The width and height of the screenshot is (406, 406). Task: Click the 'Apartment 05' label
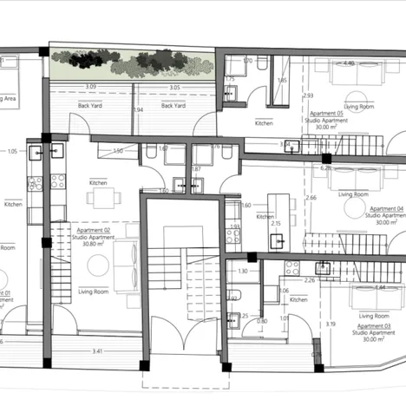click(328, 114)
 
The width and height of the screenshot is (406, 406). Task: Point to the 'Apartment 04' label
click(387, 209)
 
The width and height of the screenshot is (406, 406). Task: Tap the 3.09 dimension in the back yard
click(90, 88)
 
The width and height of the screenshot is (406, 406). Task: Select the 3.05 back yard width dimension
click(174, 88)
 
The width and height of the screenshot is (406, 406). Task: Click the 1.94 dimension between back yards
click(138, 110)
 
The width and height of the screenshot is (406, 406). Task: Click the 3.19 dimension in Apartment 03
click(330, 324)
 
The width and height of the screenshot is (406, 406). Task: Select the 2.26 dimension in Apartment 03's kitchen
click(309, 280)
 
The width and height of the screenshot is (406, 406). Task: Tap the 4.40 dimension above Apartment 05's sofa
click(347, 64)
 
